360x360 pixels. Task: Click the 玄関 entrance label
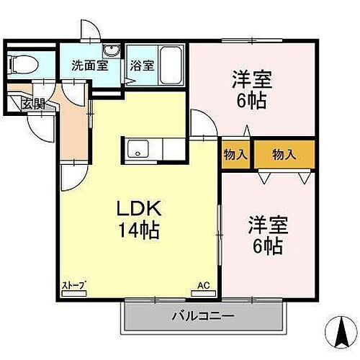point(32,103)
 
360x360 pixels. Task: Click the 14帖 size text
point(141,232)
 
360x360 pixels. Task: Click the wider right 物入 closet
point(284,154)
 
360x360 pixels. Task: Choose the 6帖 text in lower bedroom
point(269,246)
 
